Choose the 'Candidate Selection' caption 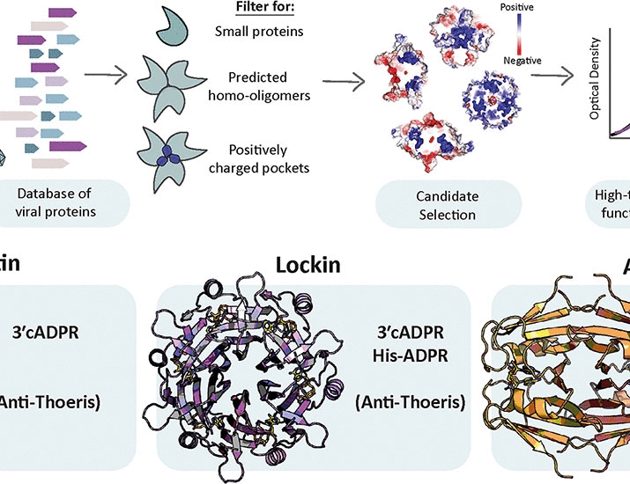436,205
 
